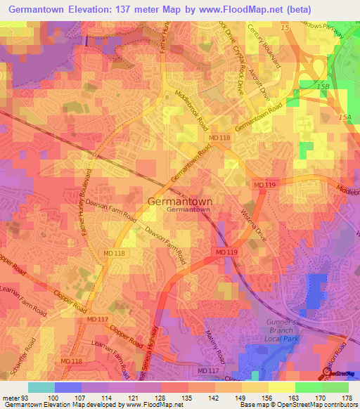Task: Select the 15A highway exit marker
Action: [x=345, y=117]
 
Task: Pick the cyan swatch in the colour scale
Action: [x=41, y=387]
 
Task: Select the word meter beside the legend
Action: [x=11, y=397]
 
